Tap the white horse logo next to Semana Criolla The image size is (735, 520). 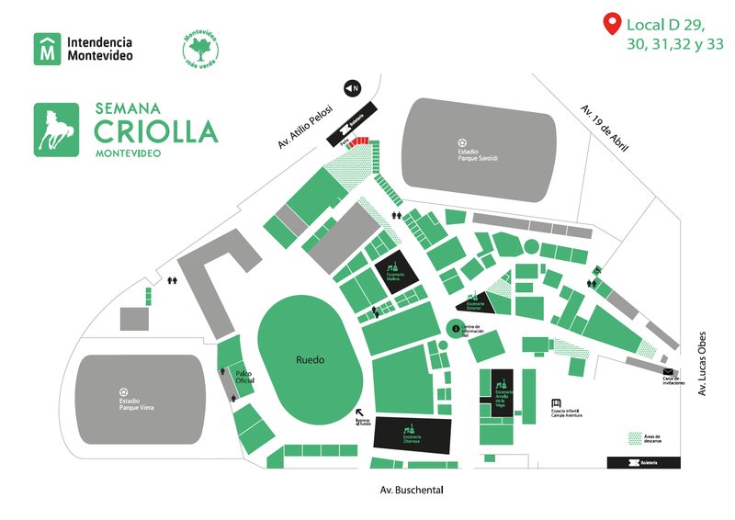[56, 130]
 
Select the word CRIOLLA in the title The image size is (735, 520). [156, 130]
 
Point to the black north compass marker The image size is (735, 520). [350, 88]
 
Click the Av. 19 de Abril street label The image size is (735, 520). [604, 126]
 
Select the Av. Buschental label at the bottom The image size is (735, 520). [411, 492]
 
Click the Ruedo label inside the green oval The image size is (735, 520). [311, 360]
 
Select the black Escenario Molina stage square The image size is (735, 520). [395, 273]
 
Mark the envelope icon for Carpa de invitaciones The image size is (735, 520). [668, 370]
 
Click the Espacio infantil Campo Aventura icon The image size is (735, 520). [556, 403]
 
